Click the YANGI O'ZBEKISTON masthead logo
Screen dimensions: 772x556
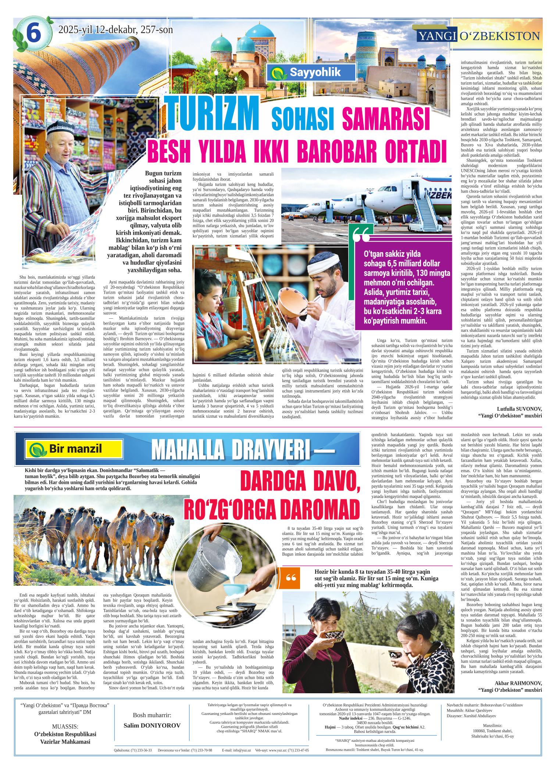pos(478,36)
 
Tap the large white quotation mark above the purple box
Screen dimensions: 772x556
pos(363,235)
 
